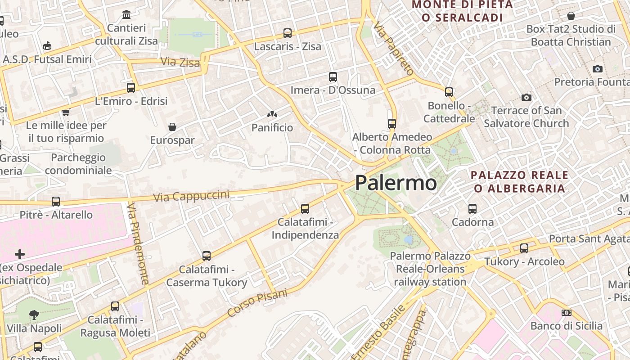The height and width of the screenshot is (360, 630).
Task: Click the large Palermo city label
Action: pos(396,183)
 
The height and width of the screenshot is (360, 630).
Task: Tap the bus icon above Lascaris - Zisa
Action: pos(288,33)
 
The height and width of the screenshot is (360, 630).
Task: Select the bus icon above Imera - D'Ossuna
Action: pos(333,77)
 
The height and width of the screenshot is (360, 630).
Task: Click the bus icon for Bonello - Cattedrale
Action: pos(449,92)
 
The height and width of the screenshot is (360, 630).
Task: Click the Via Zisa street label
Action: pos(180,62)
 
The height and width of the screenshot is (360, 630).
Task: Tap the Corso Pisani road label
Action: pos(257,303)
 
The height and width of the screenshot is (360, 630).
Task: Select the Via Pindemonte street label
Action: pos(138,243)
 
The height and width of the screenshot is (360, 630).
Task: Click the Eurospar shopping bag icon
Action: pos(172,127)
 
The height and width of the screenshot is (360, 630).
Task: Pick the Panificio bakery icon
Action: pos(272,115)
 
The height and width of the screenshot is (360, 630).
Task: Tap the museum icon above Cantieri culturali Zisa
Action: pos(126,15)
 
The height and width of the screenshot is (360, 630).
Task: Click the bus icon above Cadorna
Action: pos(472,209)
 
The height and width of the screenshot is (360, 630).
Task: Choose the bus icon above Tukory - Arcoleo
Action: pos(524,248)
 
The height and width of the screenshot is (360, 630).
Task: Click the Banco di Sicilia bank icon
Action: pos(567,313)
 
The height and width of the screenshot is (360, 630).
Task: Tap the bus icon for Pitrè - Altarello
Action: pos(56,202)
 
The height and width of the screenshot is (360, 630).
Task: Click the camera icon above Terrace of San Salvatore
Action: pos(526,97)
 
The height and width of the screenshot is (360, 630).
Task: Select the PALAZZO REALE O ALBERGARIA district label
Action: pos(520,182)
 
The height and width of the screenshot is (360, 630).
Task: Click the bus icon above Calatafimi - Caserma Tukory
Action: pos(207,256)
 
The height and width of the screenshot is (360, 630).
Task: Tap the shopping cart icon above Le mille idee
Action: pos(66,112)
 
